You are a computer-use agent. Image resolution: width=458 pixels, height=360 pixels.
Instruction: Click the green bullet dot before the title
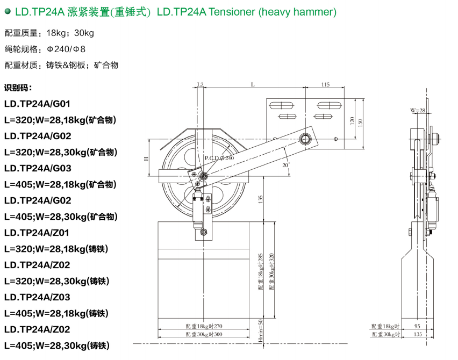tap(8, 11)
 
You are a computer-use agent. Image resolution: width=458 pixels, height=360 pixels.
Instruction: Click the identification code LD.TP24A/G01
tap(37, 104)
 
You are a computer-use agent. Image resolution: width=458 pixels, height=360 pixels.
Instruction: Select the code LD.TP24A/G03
tap(38, 168)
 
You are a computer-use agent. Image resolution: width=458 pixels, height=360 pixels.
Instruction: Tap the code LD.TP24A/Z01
tap(37, 233)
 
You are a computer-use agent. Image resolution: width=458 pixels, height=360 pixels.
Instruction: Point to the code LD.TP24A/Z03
tap(37, 297)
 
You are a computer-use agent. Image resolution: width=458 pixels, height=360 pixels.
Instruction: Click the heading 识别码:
tap(18, 88)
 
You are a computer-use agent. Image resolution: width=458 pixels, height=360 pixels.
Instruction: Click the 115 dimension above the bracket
tap(325, 84)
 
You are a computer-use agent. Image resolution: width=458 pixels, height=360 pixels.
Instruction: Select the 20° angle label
tap(285, 165)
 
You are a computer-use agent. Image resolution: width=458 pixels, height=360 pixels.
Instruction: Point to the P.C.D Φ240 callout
tap(219, 158)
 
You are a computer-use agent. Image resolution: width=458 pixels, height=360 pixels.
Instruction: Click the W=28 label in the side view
tap(417, 110)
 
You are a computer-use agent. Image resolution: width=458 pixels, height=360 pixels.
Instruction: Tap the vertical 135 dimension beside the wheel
tap(261, 199)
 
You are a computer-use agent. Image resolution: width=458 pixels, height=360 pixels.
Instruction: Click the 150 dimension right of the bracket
tap(360, 123)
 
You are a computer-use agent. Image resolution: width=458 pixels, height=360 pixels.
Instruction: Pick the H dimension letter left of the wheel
tap(146, 159)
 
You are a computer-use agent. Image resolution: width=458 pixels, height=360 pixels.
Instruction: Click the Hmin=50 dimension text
tap(261, 330)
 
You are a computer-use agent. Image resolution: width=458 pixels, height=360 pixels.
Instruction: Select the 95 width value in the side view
tap(417, 326)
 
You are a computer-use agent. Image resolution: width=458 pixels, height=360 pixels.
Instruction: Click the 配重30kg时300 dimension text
tap(204, 334)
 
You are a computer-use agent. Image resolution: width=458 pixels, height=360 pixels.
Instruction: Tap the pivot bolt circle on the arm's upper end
tap(305, 139)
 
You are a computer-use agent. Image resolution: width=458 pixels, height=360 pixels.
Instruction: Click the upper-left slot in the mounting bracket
tap(281, 105)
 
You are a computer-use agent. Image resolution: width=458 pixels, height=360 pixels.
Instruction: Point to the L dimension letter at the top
tap(253, 84)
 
